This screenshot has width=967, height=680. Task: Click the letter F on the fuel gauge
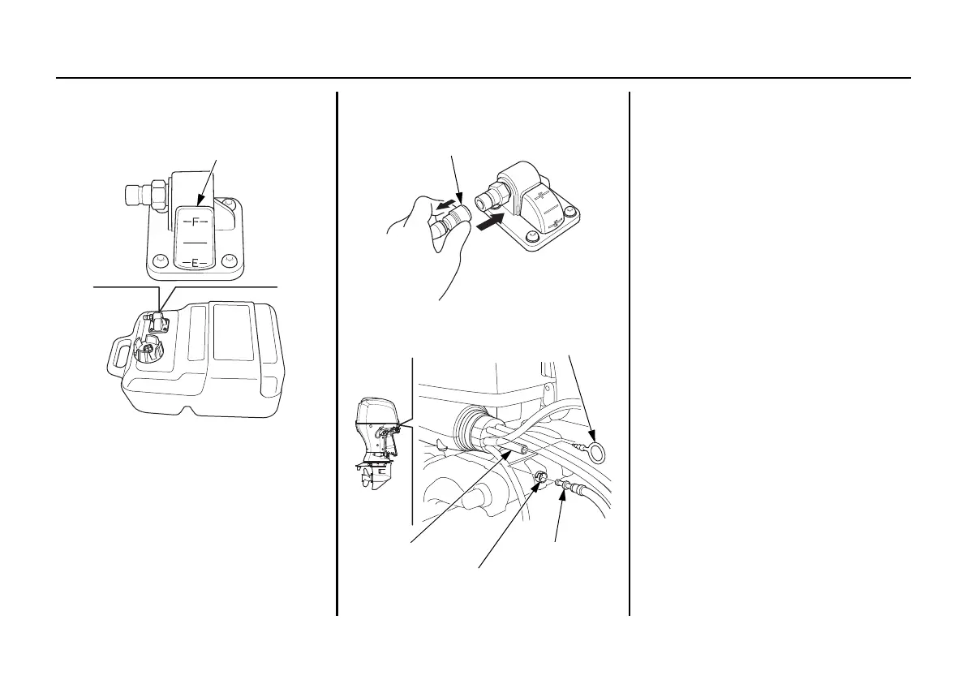(195, 221)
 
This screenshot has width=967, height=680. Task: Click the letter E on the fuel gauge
(195, 263)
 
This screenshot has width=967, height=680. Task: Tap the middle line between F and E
(195, 242)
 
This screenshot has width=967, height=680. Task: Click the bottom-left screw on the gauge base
(159, 260)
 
